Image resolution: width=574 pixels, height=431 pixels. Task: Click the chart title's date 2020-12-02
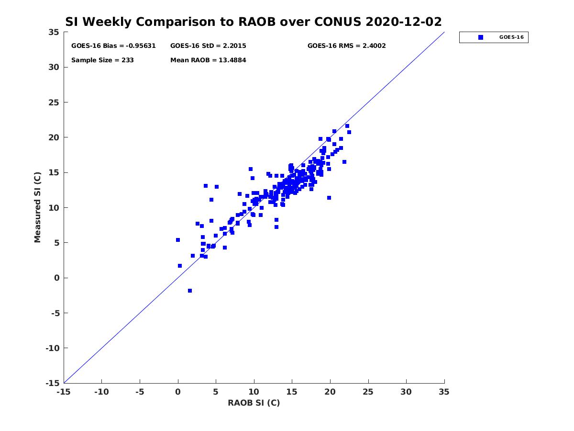tap(403, 22)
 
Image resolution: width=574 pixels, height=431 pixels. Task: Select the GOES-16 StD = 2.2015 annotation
tap(208, 46)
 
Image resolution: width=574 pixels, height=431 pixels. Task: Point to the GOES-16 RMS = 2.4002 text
tap(346, 46)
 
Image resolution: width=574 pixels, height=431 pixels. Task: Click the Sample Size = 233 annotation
tap(102, 60)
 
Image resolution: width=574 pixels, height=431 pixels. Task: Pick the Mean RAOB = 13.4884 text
tap(208, 60)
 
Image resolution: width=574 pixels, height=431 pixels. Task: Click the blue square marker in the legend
tap(480, 37)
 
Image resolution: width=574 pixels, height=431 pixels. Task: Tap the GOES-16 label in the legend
tap(511, 37)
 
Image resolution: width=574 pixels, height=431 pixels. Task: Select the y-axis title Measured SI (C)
tap(38, 207)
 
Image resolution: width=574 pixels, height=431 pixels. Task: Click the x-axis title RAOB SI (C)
tap(254, 403)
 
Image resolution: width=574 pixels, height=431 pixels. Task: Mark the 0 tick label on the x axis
tap(178, 392)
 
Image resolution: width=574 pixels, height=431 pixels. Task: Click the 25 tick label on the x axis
tap(368, 392)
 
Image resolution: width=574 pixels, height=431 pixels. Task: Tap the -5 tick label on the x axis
tap(140, 392)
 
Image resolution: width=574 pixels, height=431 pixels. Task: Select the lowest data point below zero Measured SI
tap(190, 291)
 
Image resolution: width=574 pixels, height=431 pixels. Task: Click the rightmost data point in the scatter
tap(349, 132)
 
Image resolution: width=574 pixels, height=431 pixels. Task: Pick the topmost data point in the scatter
tap(347, 126)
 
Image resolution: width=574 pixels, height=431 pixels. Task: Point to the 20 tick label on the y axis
tap(54, 137)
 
